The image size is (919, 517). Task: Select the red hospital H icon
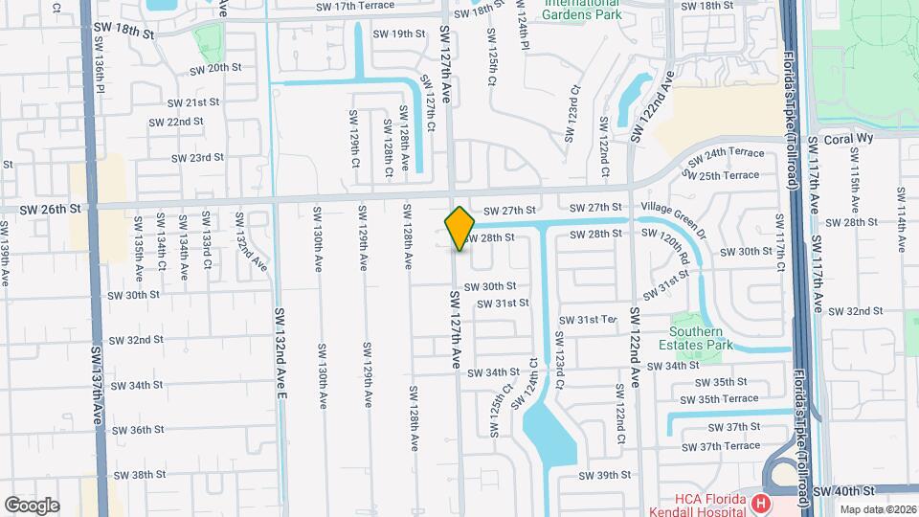(x=761, y=502)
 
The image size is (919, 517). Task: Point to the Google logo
(x=32, y=505)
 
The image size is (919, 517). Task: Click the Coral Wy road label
(x=829, y=138)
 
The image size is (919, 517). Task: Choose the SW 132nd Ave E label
(x=280, y=352)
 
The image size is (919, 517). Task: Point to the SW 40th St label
(x=844, y=490)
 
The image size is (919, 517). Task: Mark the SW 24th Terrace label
(x=733, y=153)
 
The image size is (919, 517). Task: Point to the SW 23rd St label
(x=197, y=157)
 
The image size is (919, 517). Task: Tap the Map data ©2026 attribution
(x=878, y=510)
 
